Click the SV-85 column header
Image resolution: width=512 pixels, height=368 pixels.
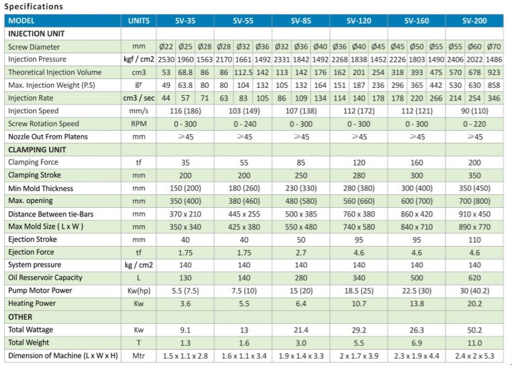tap(301, 21)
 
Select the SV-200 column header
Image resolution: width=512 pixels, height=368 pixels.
tap(475, 21)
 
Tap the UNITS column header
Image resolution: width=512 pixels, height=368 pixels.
tap(138, 21)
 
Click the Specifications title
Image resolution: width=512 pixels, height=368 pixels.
tap(34, 7)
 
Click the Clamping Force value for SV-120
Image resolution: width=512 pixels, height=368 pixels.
tap(359, 162)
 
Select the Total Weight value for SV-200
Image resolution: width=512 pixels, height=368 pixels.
tap(475, 342)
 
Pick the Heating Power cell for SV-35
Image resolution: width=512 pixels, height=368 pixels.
tap(185, 304)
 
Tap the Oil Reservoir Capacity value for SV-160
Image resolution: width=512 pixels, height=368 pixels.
tap(417, 278)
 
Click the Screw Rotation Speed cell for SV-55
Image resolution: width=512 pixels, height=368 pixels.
tap(243, 124)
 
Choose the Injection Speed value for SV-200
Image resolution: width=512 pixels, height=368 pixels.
tap(475, 111)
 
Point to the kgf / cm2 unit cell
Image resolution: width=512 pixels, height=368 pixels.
tap(138, 60)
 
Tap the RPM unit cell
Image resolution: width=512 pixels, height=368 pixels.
tap(138, 124)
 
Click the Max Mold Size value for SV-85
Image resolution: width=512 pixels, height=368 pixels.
tap(301, 227)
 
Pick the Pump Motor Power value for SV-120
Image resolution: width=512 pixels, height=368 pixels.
tap(359, 291)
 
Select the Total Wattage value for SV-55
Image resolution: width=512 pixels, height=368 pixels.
tap(243, 329)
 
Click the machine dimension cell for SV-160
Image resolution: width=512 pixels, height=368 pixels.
tap(417, 355)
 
